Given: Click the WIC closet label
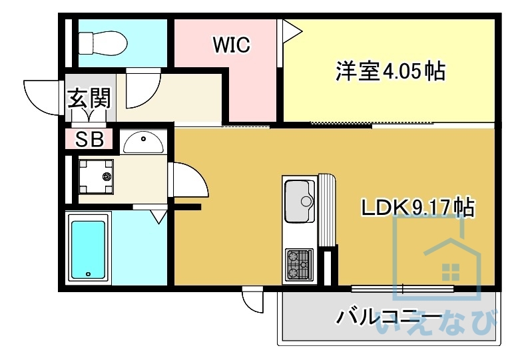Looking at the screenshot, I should [231, 45].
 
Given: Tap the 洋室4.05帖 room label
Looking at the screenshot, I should [390, 70].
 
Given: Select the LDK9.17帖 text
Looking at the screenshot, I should [417, 208].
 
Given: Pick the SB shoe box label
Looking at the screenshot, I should [89, 140].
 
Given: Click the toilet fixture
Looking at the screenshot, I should [102, 43].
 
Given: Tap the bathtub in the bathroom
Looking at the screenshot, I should [88, 248].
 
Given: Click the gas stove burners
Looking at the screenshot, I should [299, 264].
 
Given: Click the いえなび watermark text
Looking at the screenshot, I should [436, 324].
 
